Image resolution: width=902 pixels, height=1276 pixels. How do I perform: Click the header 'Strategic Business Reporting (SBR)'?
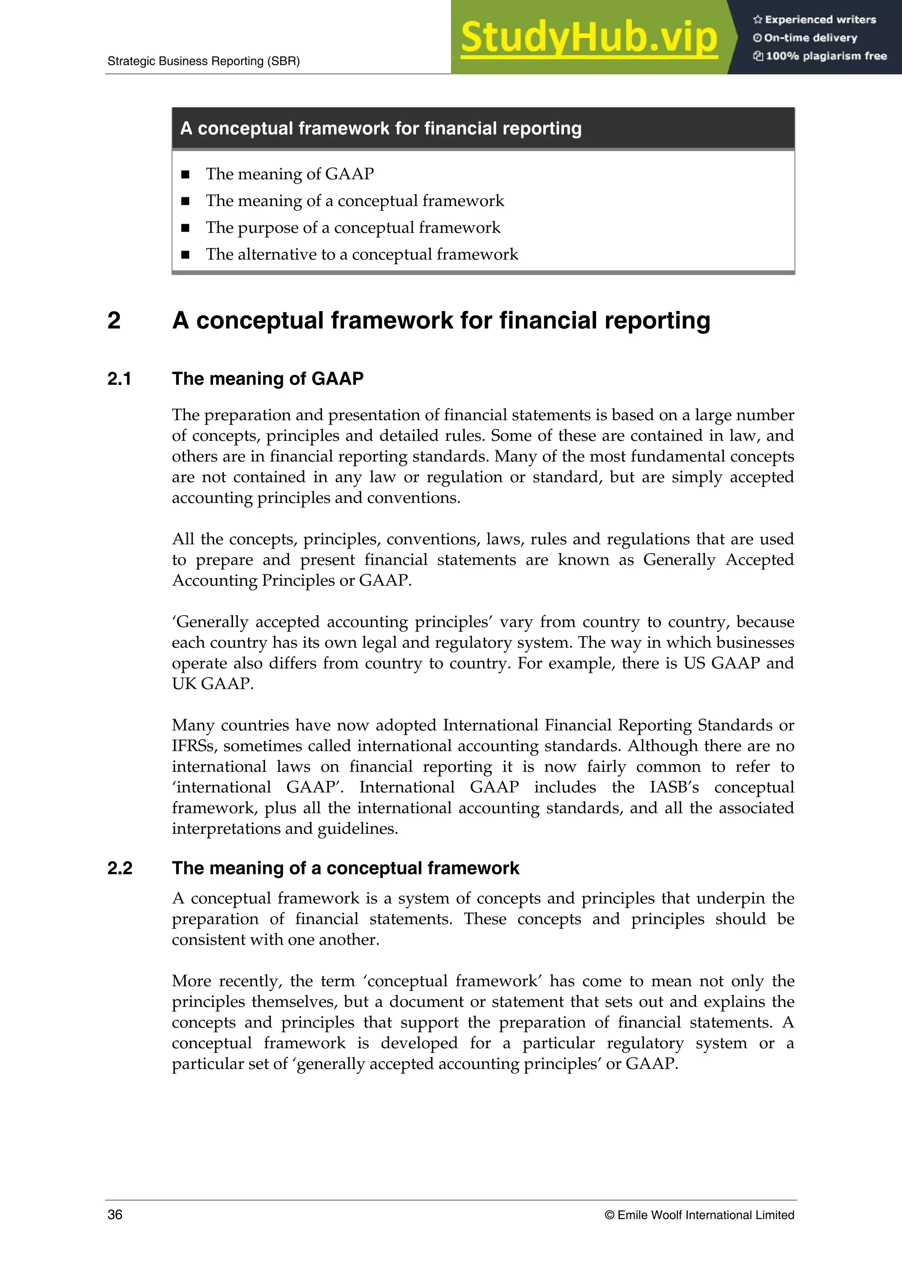click(x=203, y=62)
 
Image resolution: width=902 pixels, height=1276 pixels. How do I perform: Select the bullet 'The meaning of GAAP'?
click(x=289, y=174)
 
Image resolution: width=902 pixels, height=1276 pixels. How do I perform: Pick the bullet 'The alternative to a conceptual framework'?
click(x=362, y=255)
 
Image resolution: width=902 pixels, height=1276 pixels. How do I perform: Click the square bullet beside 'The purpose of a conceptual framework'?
click(x=185, y=228)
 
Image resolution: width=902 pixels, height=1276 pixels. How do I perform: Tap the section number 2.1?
click(x=119, y=379)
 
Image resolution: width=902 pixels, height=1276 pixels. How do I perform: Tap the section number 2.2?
click(x=120, y=868)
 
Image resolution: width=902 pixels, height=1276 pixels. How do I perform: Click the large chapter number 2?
click(x=114, y=321)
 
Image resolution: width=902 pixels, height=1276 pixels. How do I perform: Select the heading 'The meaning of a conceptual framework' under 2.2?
click(x=345, y=868)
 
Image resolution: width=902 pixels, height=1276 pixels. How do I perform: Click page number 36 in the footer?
click(x=115, y=1215)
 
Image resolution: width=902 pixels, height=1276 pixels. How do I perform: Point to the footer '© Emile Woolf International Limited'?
click(x=699, y=1215)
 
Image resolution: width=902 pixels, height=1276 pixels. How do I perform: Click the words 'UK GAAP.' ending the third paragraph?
click(x=212, y=684)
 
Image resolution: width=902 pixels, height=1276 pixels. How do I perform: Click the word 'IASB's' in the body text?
click(x=673, y=788)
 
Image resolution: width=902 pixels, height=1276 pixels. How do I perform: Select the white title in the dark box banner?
click(x=381, y=128)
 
